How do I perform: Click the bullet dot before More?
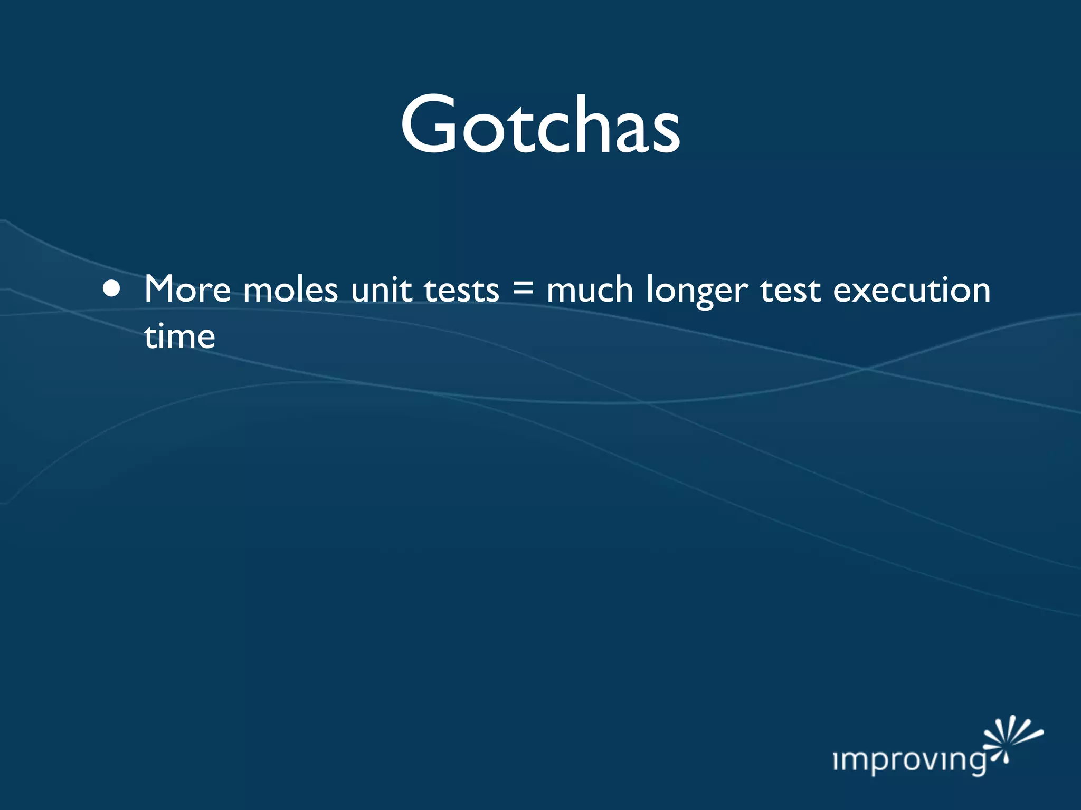click(x=111, y=290)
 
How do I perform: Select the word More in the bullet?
click(x=187, y=290)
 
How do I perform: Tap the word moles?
click(x=290, y=290)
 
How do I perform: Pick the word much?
click(x=590, y=290)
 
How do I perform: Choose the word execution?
click(x=912, y=290)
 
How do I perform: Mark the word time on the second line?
click(x=179, y=336)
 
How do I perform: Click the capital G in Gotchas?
click(x=428, y=125)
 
